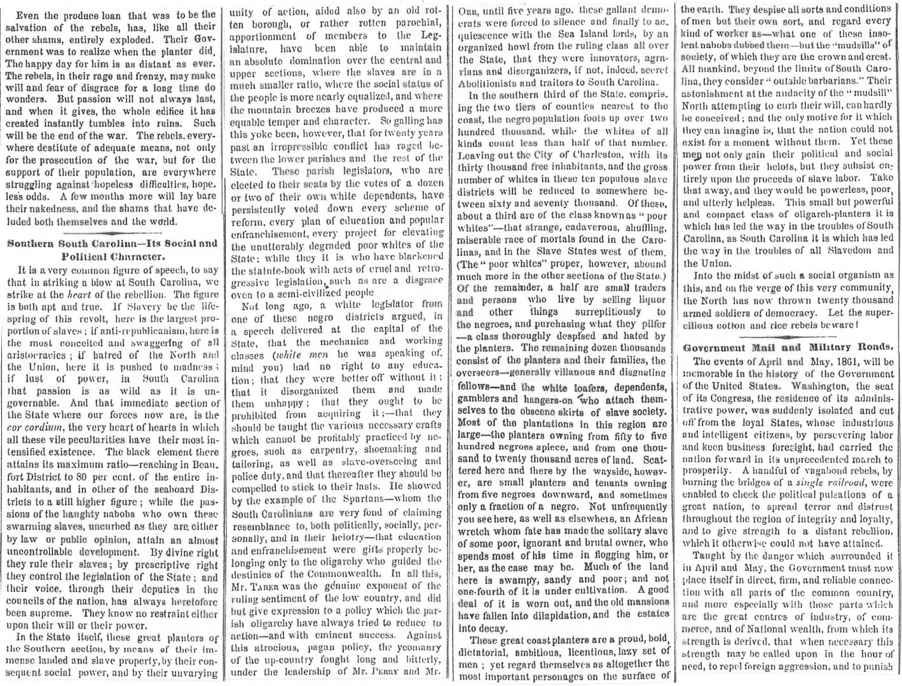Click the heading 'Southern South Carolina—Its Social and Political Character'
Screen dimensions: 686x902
(111, 249)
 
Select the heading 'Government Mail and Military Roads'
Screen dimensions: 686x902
(788, 347)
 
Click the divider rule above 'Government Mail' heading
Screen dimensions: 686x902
(787, 337)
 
